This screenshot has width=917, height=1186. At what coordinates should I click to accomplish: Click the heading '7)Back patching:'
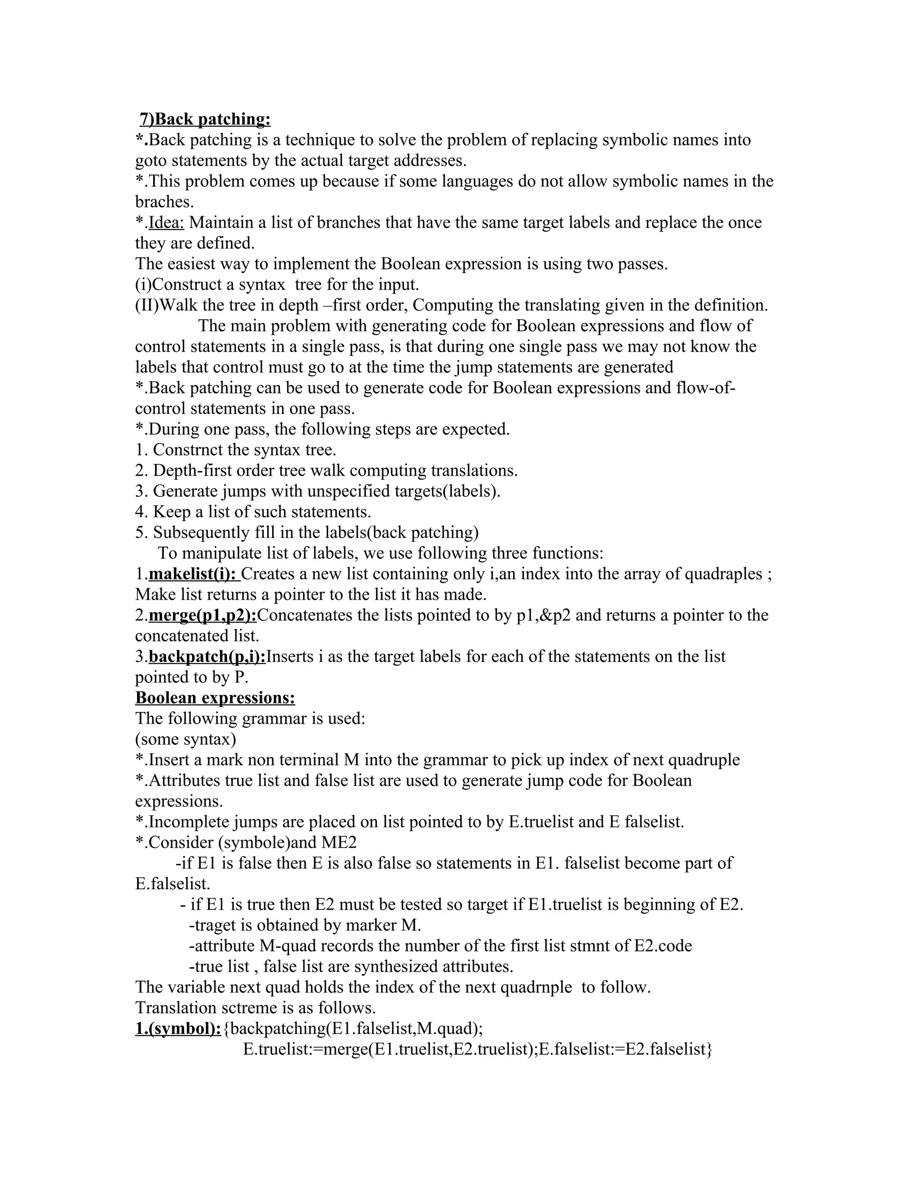205,119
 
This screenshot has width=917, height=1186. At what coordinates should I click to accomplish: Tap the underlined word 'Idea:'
166,222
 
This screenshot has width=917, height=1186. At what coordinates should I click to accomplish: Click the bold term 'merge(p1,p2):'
202,615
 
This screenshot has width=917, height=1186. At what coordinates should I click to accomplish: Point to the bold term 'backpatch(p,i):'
207,657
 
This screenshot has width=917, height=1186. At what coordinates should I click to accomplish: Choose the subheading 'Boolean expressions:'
215,698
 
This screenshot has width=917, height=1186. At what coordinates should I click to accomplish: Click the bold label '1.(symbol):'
178,1028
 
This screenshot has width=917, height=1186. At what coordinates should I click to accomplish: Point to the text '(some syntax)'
185,739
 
